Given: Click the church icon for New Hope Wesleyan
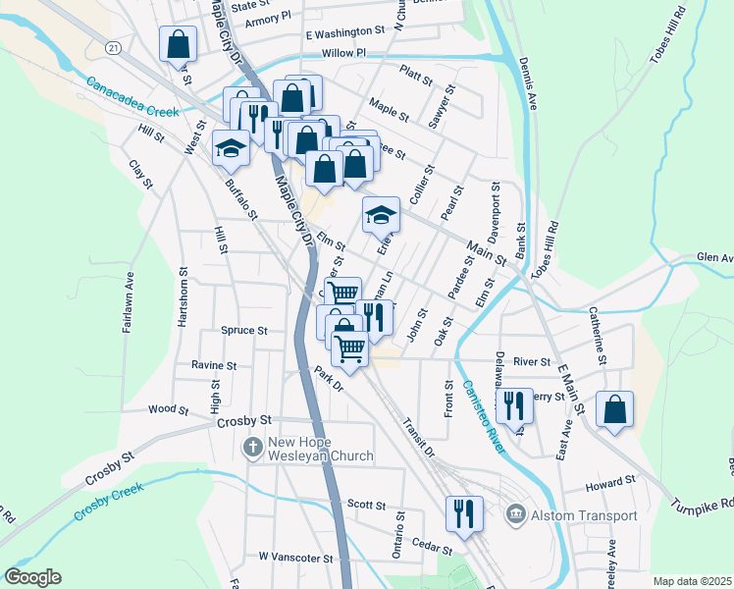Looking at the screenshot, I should [252, 449].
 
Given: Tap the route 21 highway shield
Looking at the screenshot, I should [115, 48].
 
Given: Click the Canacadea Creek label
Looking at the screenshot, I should [131, 97].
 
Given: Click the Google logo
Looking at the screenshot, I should [32, 577].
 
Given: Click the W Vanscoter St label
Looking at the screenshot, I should [295, 557].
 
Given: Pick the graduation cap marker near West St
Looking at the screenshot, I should [231, 148].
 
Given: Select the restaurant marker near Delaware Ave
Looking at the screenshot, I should [514, 404].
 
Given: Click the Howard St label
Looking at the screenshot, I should [610, 483].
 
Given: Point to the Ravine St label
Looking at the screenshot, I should [214, 365].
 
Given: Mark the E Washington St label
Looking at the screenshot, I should [345, 32].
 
